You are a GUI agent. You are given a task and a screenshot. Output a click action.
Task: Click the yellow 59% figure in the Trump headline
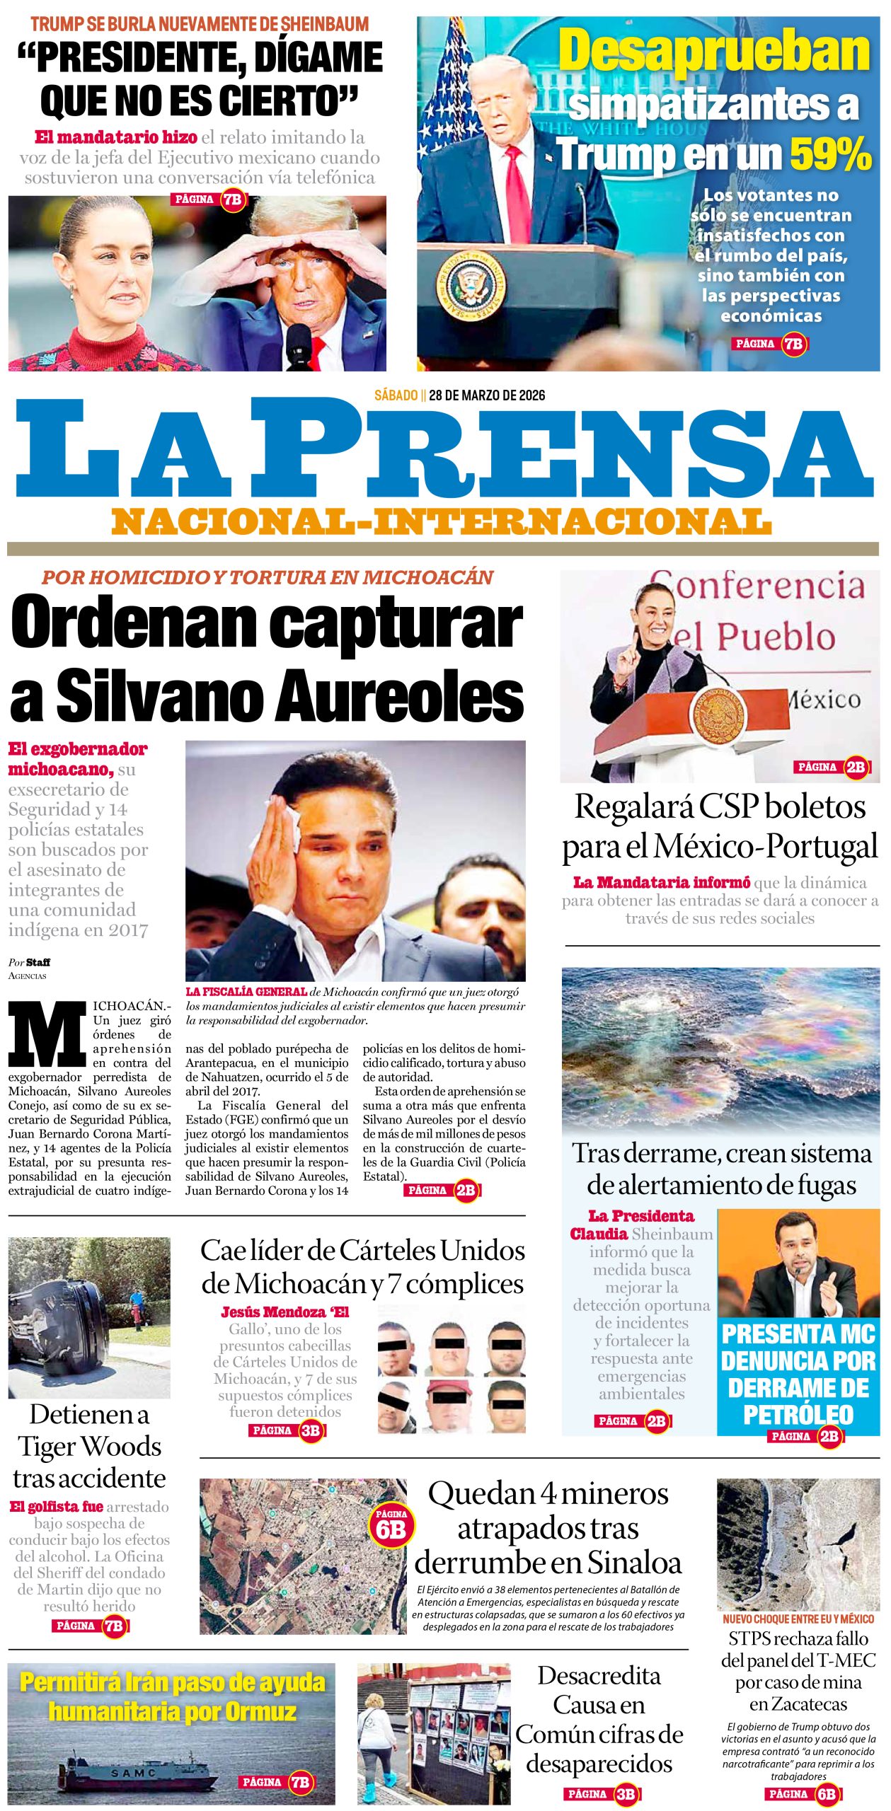tap(830, 154)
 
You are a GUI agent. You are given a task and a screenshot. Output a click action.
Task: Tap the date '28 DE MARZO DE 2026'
tap(487, 395)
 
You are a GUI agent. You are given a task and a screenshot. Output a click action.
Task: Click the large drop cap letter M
tap(47, 1034)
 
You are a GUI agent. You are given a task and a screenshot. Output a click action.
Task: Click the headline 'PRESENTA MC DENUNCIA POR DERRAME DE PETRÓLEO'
tap(798, 1374)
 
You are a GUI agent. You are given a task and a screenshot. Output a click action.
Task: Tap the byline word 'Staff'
tap(38, 962)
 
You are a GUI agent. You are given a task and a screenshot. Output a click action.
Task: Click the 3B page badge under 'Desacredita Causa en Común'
tap(625, 1793)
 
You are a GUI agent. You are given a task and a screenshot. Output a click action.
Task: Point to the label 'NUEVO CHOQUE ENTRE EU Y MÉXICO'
tap(798, 1619)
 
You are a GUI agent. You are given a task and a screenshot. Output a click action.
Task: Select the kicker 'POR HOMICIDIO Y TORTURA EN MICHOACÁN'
tap(267, 577)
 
